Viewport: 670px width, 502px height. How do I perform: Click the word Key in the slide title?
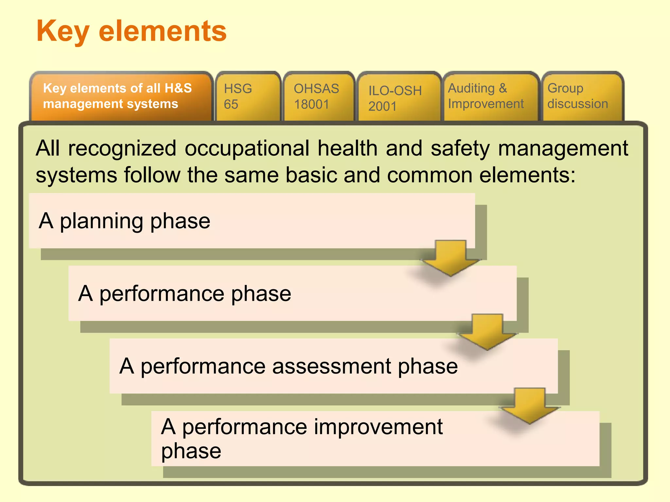pyautogui.click(x=62, y=31)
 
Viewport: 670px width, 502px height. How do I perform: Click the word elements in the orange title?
pyautogui.click(x=163, y=31)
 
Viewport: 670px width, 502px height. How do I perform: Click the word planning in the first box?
pyautogui.click(x=101, y=222)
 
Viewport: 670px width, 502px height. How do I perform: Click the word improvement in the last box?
pyautogui.click(x=378, y=427)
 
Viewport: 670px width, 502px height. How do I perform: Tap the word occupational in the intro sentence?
pyautogui.click(x=247, y=149)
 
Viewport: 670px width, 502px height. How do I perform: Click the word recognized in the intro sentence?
pyautogui.click(x=122, y=149)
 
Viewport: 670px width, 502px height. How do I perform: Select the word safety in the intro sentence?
pyautogui.click(x=460, y=149)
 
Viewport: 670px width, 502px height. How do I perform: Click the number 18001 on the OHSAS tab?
pyautogui.click(x=311, y=105)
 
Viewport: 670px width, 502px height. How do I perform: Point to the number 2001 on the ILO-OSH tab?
pyautogui.click(x=382, y=107)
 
